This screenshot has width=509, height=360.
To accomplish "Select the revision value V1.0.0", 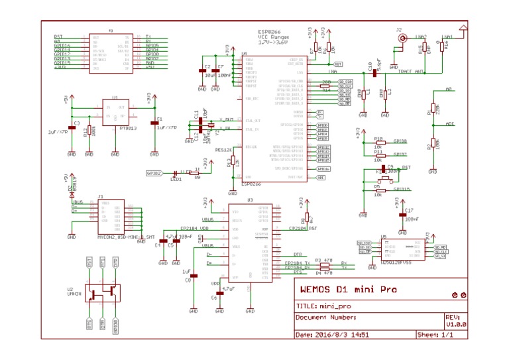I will tap(456, 325).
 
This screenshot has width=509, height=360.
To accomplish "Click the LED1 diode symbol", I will tap(176, 173).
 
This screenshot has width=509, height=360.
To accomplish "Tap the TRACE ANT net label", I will tap(410, 71).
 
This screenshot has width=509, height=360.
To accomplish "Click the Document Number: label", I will tap(326, 317).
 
